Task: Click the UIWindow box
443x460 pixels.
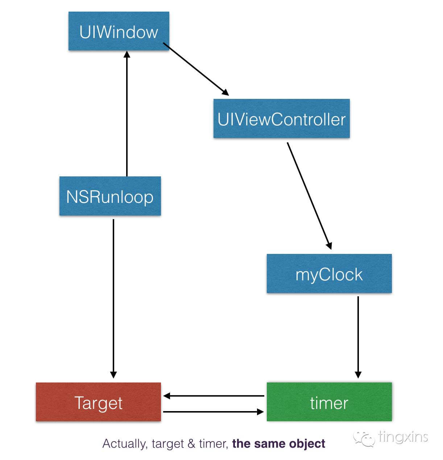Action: tap(119, 32)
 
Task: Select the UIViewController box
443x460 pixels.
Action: tap(281, 119)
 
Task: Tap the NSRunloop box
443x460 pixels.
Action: tap(110, 196)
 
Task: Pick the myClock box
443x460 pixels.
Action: tap(329, 274)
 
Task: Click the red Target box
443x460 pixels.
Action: tap(98, 402)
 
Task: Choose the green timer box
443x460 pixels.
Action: tap(329, 402)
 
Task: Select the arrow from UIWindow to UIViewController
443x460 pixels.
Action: tap(196, 69)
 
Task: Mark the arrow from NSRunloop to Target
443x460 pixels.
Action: tap(113, 297)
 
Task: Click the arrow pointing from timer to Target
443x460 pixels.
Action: tap(214, 396)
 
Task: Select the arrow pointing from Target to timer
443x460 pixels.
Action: tap(214, 412)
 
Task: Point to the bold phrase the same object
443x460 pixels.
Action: tap(278, 444)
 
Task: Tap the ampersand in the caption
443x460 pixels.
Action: tap(191, 444)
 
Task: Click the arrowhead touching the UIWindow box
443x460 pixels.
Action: tap(127, 55)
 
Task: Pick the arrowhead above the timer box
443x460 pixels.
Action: tap(358, 375)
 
